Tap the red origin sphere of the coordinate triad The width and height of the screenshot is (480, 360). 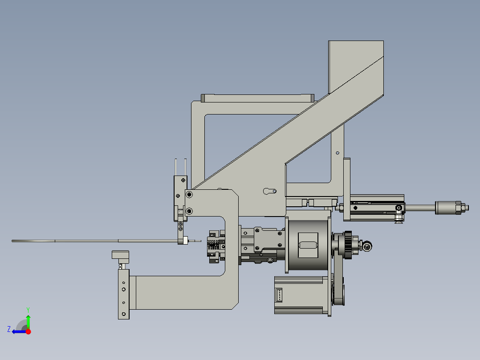coord(28,331)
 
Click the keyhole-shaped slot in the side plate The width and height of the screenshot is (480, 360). coord(269,191)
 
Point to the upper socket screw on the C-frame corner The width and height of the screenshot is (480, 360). coord(190,195)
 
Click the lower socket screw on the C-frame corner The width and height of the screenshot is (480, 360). coord(190,211)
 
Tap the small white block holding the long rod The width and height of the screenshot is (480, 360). coord(183,241)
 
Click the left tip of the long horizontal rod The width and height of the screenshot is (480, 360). coord(13,241)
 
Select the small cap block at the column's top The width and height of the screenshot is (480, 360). coord(120,255)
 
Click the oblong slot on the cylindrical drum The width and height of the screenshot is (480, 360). coord(308,245)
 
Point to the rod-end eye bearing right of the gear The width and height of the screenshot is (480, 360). coord(367,246)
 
